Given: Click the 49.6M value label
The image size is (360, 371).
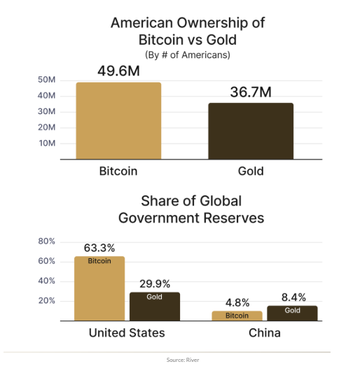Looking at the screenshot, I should [x=118, y=71].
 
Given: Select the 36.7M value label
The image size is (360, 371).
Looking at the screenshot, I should [x=250, y=92].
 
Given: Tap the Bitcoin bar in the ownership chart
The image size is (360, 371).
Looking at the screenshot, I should [x=118, y=120].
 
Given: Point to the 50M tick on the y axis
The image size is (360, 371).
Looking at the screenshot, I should [x=47, y=80].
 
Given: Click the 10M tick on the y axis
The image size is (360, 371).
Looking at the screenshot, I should [x=47, y=143].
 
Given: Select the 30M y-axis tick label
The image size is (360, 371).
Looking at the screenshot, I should [x=47, y=112].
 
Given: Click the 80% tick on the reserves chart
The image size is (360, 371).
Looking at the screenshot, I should [x=46, y=241].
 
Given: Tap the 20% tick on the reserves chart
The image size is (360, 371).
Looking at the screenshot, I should [x=46, y=301].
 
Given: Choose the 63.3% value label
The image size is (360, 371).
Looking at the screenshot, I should [x=99, y=248].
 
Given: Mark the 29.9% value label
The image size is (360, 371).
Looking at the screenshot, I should [x=155, y=283].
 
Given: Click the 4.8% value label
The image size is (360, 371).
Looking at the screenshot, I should [x=237, y=303].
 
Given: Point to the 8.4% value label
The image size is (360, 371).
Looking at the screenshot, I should [x=292, y=297].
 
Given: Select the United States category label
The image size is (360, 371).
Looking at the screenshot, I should [x=127, y=332].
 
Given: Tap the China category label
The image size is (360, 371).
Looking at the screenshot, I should [x=265, y=332].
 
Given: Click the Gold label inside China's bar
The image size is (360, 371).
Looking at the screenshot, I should [x=292, y=310].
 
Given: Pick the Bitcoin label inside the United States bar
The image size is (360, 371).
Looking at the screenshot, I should [x=99, y=261].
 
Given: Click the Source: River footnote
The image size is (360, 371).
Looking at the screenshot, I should [x=180, y=360].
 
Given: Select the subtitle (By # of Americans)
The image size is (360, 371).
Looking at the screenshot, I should [x=187, y=55].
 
